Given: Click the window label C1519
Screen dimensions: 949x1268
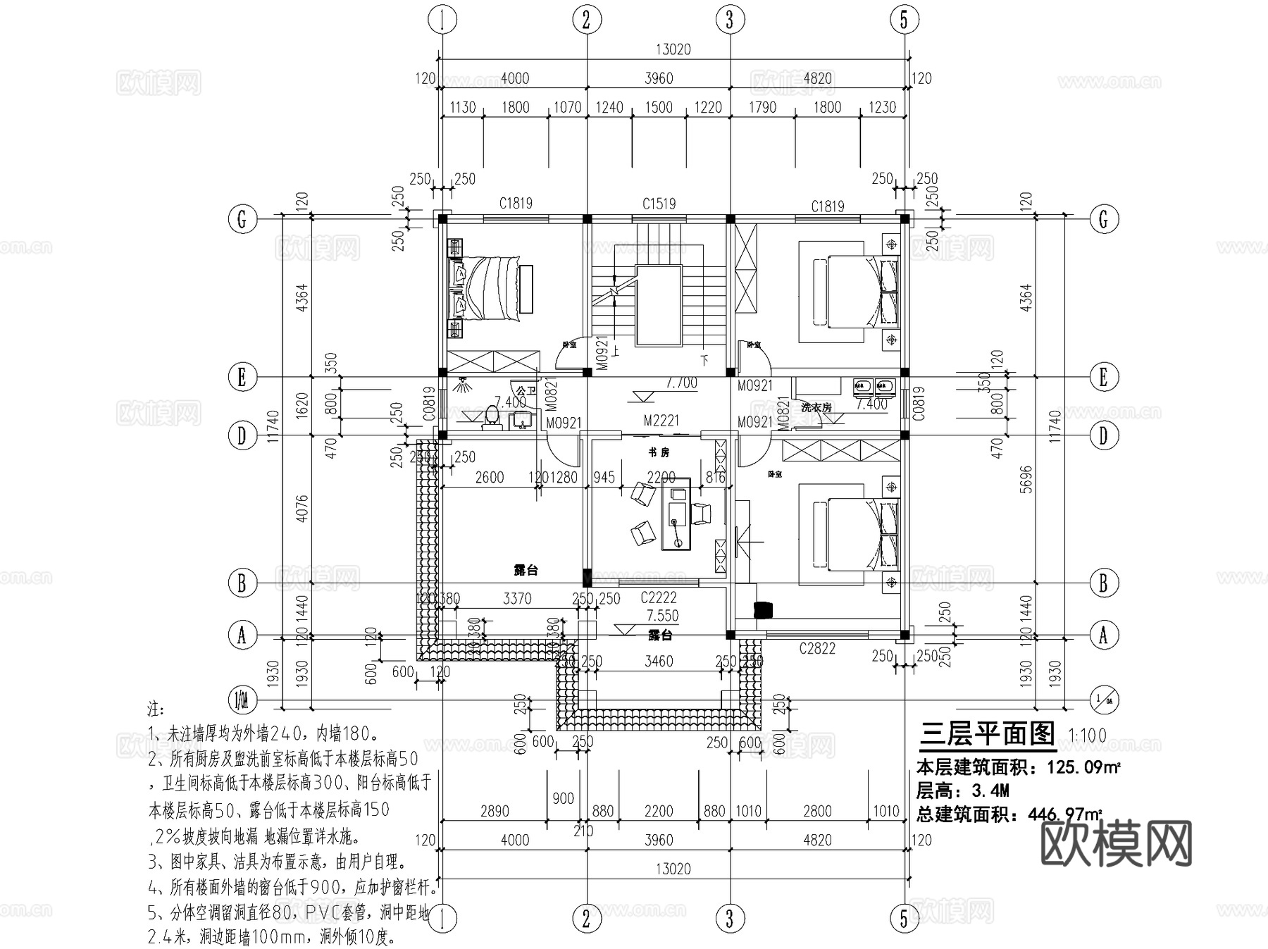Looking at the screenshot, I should click(659, 204).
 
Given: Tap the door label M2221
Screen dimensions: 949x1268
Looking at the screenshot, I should click(661, 421).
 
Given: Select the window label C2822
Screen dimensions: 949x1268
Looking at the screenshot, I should click(816, 649).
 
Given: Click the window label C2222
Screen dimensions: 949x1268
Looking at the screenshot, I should click(658, 598).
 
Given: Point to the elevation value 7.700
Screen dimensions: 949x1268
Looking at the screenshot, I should click(681, 383).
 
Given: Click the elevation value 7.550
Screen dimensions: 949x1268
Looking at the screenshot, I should click(662, 616).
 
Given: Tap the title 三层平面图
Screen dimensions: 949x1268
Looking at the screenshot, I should click(987, 735).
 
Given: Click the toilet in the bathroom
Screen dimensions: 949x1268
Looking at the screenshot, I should click(492, 417).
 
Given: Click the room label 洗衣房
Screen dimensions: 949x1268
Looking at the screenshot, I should click(816, 407).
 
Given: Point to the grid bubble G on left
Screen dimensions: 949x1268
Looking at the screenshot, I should click(242, 220).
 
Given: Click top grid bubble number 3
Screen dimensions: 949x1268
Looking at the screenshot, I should click(729, 20).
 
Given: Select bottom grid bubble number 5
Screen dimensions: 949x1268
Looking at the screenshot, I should click(904, 919).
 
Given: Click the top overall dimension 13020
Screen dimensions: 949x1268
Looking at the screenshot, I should click(673, 49).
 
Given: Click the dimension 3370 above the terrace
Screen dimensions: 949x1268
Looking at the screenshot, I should click(517, 599).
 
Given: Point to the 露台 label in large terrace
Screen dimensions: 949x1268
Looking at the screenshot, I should click(526, 570).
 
